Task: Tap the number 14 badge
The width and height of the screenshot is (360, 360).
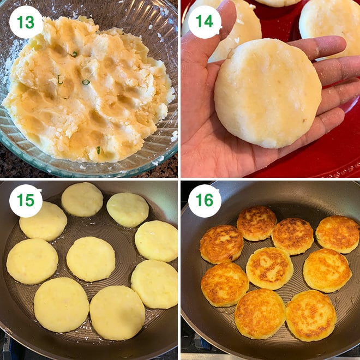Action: pos(205,22)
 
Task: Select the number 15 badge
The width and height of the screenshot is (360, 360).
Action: pos(26,201)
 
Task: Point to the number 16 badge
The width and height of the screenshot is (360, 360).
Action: pos(205,201)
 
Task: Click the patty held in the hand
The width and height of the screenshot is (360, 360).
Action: pos(267,93)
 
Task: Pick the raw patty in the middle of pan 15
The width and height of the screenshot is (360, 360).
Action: pos(91,259)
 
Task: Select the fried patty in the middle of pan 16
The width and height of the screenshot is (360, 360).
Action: pos(269,268)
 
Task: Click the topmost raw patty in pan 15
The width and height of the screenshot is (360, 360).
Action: pos(82,199)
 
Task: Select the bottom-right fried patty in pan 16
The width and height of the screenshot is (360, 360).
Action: pos(311,315)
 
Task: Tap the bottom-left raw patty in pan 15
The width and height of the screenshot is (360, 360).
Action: pos(61,304)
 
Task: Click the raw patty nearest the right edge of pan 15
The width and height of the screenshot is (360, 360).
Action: pos(157,241)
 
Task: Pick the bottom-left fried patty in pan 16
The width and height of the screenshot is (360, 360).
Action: pos(224,284)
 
